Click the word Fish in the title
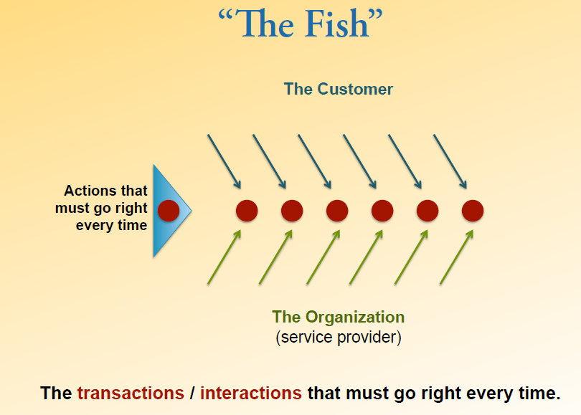tap(337, 24)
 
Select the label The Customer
tap(339, 89)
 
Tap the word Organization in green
tap(354, 318)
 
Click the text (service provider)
tap(339, 338)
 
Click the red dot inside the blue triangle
tap(169, 211)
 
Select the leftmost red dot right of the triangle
tap(247, 211)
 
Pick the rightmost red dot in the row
tap(473, 211)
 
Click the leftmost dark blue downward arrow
tap(225, 162)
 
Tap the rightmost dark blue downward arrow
tap(450, 162)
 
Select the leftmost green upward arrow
tap(225, 257)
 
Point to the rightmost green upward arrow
tap(456, 257)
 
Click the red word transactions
tap(131, 393)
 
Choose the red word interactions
tap(251, 393)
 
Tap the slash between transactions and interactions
tap(192, 393)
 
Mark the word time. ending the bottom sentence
tap(539, 393)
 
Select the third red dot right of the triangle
tap(337, 211)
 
